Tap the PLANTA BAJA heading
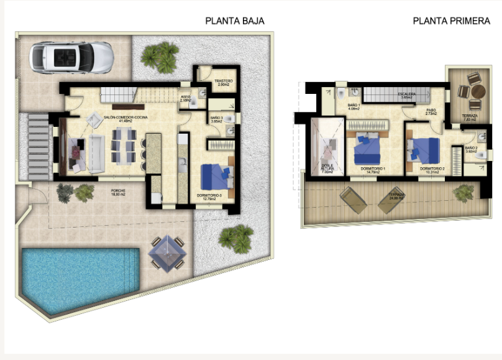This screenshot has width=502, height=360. point(235,21)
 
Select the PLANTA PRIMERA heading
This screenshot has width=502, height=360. point(452,21)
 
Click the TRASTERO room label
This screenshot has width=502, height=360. point(223,82)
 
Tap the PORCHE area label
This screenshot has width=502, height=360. point(118,192)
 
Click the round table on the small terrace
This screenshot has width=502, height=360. point(477,91)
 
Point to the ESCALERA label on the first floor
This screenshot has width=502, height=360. point(407,95)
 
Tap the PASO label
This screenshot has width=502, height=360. point(431,113)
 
